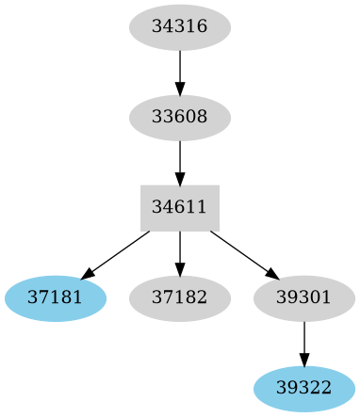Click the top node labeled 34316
179,28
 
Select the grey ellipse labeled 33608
179,119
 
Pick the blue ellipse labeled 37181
56,298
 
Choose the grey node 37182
179,298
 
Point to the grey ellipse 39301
303,298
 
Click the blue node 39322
303,389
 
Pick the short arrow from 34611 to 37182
179,252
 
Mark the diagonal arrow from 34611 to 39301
243,254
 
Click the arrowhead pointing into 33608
179,88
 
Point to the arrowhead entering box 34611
179,179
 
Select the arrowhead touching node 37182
179,269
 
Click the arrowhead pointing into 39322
303,360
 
